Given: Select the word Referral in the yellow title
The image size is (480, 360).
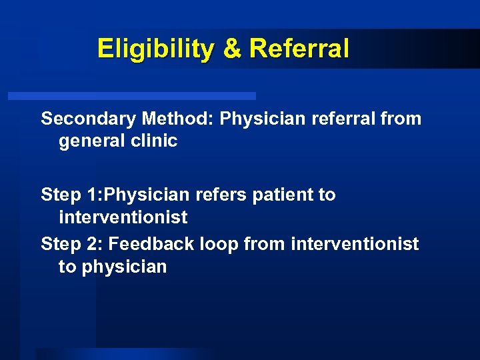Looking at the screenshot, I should pyautogui.click(x=298, y=49).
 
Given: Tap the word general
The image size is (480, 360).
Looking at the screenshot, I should pyautogui.click(x=91, y=141).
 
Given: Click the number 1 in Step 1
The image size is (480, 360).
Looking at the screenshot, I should pyautogui.click(x=93, y=195).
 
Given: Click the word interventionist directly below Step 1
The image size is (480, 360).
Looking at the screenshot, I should pyautogui.click(x=123, y=217).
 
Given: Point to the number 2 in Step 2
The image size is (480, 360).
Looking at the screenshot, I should pyautogui.click(x=93, y=245).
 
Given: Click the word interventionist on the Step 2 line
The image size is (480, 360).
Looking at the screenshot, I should pyautogui.click(x=355, y=245).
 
